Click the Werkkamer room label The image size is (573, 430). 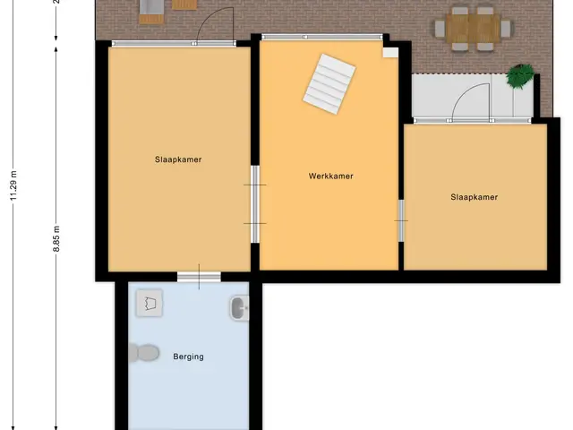[x=330, y=176]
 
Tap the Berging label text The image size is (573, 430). [x=189, y=357]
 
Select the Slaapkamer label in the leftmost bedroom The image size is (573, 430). [x=178, y=159]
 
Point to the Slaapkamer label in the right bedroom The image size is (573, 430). [x=474, y=197]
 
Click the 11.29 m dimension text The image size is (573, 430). [x=14, y=185]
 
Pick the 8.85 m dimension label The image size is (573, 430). [x=56, y=239]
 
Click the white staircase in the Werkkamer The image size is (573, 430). [x=329, y=84]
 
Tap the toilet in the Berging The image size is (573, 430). [x=144, y=353]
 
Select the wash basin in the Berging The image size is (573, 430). [x=239, y=308]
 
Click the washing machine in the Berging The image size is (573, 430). [x=150, y=303]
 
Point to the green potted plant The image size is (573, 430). [x=520, y=75]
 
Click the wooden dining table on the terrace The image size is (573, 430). [x=473, y=28]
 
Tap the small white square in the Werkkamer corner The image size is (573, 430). [x=390, y=52]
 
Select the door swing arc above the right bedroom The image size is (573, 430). [x=467, y=95]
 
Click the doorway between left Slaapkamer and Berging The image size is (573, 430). [x=199, y=277]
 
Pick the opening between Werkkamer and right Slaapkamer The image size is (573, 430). [x=401, y=220]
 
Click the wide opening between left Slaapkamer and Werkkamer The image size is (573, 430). [x=255, y=204]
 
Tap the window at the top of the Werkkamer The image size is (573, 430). [x=322, y=37]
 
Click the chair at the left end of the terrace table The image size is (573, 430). [x=440, y=29]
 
